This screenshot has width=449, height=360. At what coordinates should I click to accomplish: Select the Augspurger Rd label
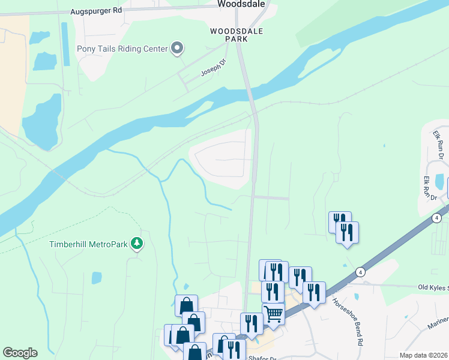[95, 11]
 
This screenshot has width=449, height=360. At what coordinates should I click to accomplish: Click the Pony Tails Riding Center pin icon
[177, 48]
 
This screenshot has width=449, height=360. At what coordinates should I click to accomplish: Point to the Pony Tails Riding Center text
[122, 49]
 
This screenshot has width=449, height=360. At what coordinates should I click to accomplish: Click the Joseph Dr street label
[211, 71]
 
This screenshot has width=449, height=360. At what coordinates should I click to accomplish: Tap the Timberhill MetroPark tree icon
[137, 243]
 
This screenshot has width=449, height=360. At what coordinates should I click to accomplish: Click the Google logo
[20, 353]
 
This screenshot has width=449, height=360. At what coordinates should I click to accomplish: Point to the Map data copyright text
[423, 355]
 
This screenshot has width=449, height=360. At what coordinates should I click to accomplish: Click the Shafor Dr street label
[262, 358]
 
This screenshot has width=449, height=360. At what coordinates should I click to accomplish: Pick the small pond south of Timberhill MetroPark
[97, 278]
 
